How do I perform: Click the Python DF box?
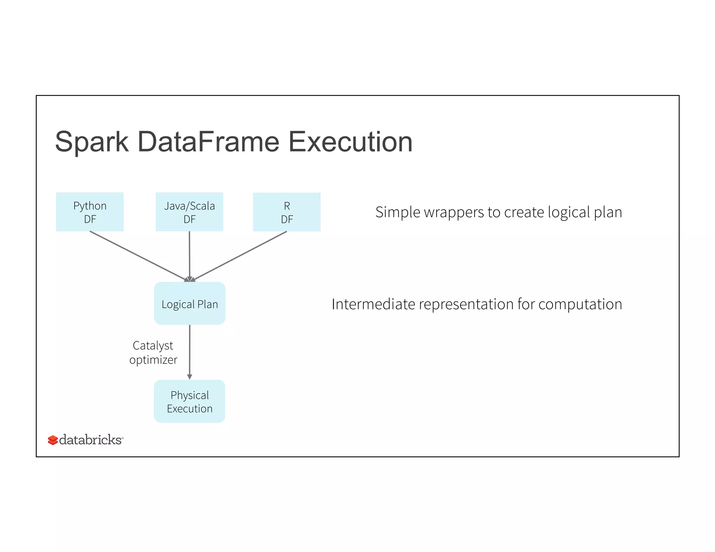90,212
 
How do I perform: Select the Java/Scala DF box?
189,212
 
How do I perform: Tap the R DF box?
287,212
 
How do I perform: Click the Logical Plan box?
190,304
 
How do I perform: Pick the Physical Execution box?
190,401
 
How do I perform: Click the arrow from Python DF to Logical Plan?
138,256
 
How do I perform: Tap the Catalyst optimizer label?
153,352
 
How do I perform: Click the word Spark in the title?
92,142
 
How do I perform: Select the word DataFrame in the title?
208,142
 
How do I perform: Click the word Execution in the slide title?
350,142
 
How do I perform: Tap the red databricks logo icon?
53,440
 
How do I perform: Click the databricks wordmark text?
90,440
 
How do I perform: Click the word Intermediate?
373,304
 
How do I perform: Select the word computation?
580,304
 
